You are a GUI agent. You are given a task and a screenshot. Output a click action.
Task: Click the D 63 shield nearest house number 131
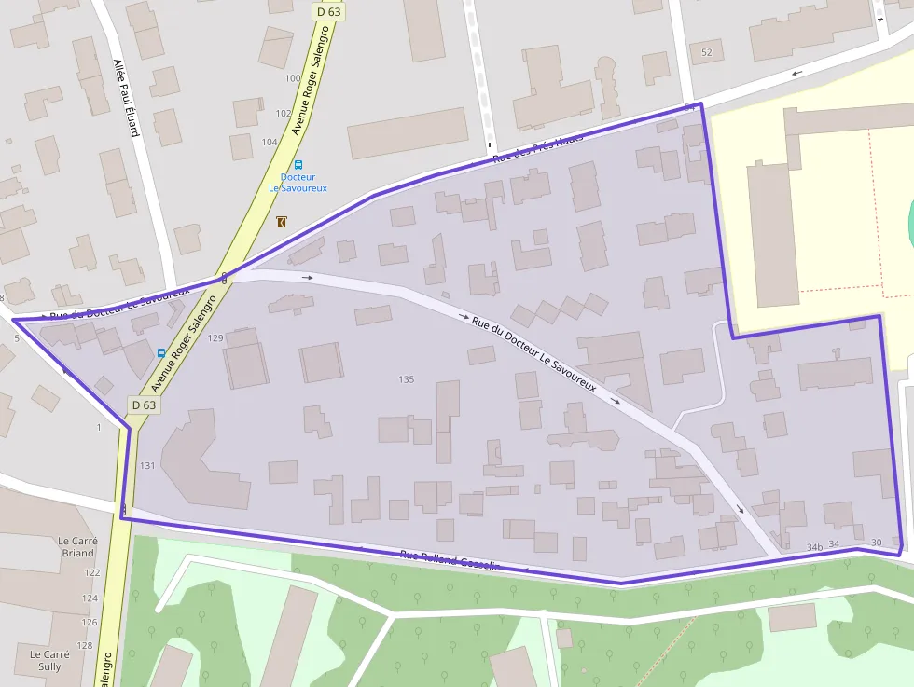[x=144, y=405]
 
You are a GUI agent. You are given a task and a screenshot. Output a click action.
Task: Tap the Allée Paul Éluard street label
[x=126, y=98]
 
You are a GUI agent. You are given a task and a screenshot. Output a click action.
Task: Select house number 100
[x=293, y=78]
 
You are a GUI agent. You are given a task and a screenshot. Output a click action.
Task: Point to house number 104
[x=270, y=142]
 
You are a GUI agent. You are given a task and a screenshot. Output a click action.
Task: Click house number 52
[x=706, y=52]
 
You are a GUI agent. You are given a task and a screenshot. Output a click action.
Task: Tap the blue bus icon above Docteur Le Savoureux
[x=298, y=164]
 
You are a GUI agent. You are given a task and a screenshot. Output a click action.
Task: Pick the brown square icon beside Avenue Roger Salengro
[x=282, y=221]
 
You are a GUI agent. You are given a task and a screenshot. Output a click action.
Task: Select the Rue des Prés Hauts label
[x=538, y=147]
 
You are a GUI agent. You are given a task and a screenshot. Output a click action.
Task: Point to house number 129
[x=216, y=337]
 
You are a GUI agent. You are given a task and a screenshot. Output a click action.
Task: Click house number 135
[x=406, y=379]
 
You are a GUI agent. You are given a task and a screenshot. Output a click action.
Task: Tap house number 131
[x=147, y=465]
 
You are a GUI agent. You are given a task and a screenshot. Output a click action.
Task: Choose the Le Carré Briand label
[x=76, y=546]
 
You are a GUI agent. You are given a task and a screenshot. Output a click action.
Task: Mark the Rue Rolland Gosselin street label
[x=450, y=560]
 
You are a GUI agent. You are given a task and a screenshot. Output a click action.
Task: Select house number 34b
[x=815, y=546]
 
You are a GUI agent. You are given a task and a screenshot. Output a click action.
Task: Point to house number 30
[x=875, y=543]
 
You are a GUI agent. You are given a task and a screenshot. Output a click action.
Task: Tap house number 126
[x=89, y=622]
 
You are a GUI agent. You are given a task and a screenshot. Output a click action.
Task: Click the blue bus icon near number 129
[x=161, y=352]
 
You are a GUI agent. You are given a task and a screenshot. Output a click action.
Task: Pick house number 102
[x=283, y=113]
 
